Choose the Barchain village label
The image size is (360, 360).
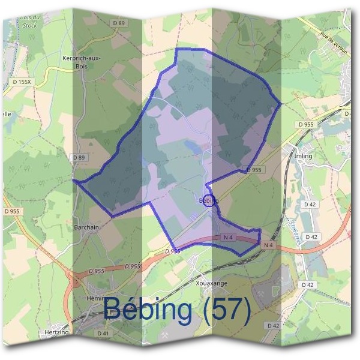click(87, 227)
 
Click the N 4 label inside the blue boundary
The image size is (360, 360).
click(228, 238)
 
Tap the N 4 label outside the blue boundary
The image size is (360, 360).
click(268, 245)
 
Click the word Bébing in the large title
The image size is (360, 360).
click(149, 309)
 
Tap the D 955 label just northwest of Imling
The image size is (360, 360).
click(305, 124)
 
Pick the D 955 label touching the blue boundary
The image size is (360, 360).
click(254, 170)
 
